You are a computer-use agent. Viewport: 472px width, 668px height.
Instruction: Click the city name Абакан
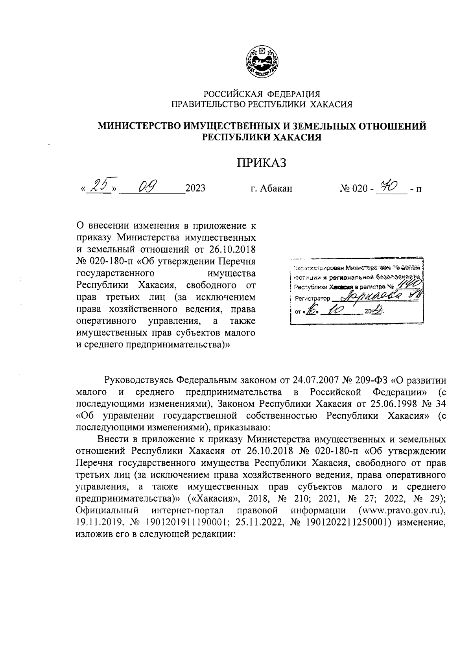[276, 188]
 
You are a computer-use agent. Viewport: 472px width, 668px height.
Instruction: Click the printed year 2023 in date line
[195, 188]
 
